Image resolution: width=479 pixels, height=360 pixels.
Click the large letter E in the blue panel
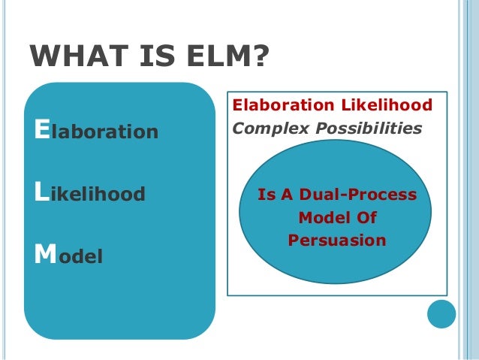41,131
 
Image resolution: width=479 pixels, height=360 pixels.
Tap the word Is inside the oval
267,195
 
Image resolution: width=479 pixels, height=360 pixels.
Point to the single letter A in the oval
288,195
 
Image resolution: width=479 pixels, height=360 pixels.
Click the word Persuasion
336,241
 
